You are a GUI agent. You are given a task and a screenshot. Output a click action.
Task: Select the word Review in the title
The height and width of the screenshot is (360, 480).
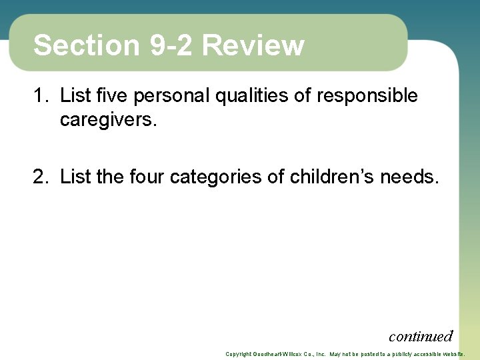point(253,46)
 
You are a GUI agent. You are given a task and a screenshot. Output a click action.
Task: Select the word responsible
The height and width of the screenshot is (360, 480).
point(367,96)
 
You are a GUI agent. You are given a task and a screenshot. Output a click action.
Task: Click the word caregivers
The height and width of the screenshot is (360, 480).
point(108,120)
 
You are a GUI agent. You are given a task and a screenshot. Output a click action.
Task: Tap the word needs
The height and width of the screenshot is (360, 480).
point(410,177)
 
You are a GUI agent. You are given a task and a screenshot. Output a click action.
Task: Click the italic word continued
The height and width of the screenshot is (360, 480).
point(421,336)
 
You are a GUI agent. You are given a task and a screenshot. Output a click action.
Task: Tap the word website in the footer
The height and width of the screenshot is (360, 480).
point(451,354)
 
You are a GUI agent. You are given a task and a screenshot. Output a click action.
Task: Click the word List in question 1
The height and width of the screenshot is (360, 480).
point(75,96)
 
